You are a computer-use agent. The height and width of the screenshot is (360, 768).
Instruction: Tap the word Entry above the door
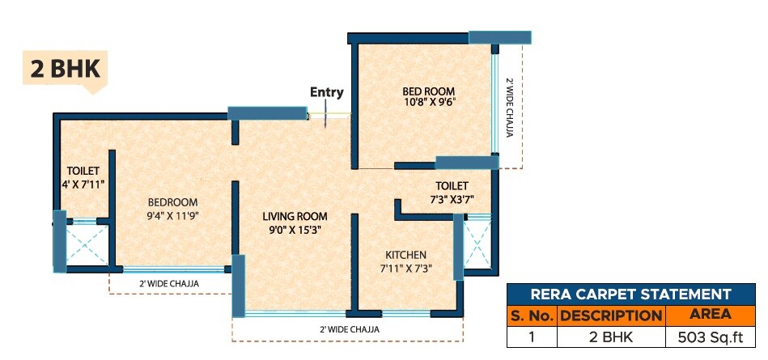click(x=327, y=92)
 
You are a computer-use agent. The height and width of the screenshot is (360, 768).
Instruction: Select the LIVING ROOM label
click(x=295, y=216)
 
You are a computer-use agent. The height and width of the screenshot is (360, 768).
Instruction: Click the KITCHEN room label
click(x=405, y=255)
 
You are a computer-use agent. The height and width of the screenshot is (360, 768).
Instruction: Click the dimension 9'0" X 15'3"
click(x=295, y=230)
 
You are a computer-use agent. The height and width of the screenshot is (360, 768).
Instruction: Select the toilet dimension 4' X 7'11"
click(x=83, y=184)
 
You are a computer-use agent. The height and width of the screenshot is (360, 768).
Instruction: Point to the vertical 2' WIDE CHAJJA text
click(x=510, y=108)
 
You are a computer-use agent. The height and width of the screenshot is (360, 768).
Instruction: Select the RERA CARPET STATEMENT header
click(x=631, y=294)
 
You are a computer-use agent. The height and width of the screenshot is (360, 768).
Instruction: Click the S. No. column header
click(x=531, y=315)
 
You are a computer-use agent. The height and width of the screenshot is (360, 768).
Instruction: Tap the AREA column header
click(x=710, y=315)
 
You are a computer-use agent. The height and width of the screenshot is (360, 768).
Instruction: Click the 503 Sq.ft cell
click(x=710, y=337)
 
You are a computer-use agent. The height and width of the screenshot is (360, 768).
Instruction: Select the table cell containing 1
click(x=531, y=337)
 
